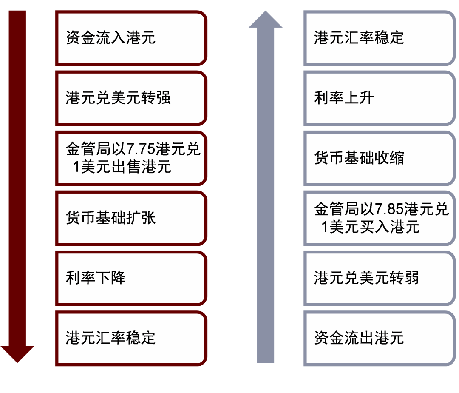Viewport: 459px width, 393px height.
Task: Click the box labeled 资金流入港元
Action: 131,38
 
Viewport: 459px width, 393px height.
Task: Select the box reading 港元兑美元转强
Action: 131,98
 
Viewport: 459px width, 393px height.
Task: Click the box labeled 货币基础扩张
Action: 131,218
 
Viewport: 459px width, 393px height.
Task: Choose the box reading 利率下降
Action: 131,278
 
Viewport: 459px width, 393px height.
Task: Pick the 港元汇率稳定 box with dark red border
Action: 131,338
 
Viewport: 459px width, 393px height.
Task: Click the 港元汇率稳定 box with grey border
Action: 380,38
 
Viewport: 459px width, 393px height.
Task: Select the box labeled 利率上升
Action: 380,98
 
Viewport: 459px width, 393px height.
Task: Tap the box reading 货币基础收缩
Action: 380,158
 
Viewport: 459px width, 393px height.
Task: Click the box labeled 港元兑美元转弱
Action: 380,278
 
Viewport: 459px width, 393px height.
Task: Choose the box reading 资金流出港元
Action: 380,338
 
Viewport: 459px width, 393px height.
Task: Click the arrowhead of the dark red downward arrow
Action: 17,353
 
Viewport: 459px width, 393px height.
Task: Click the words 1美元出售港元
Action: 122,167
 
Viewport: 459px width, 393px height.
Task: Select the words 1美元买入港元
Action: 371,227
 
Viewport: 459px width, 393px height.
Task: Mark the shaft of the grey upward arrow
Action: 266,191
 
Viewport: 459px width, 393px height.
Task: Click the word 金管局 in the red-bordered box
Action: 88,150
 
